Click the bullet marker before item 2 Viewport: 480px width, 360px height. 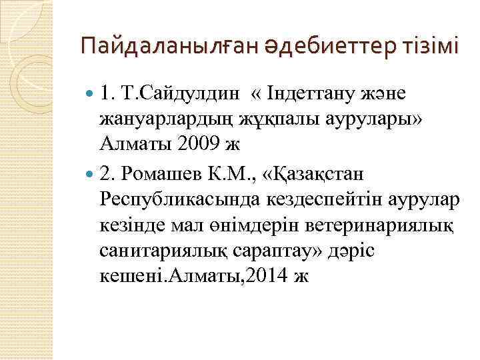tap(91, 175)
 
